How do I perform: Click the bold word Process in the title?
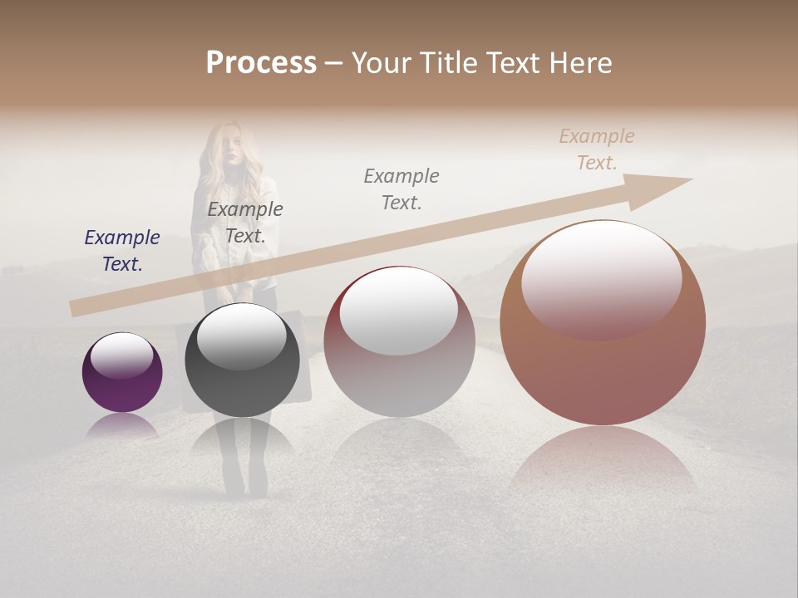(261, 63)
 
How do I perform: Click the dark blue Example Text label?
(122, 251)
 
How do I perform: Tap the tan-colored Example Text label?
(597, 149)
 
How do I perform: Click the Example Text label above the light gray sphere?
(401, 189)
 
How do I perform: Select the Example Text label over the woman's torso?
(245, 223)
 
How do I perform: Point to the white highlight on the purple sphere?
(121, 356)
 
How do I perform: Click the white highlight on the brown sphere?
(601, 278)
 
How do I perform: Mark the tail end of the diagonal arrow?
(75, 308)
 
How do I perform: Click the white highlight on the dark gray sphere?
(241, 336)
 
